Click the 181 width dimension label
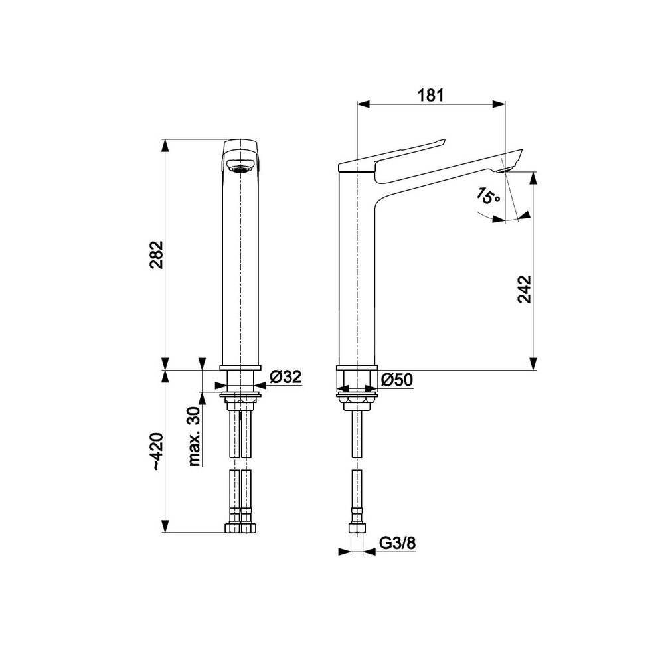(431, 95)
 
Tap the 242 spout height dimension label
(525, 290)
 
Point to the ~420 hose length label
(157, 452)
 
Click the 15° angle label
(487, 197)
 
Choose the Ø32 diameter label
(286, 376)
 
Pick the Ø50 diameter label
(396, 380)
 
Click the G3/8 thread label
(397, 543)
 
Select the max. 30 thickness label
(194, 436)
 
